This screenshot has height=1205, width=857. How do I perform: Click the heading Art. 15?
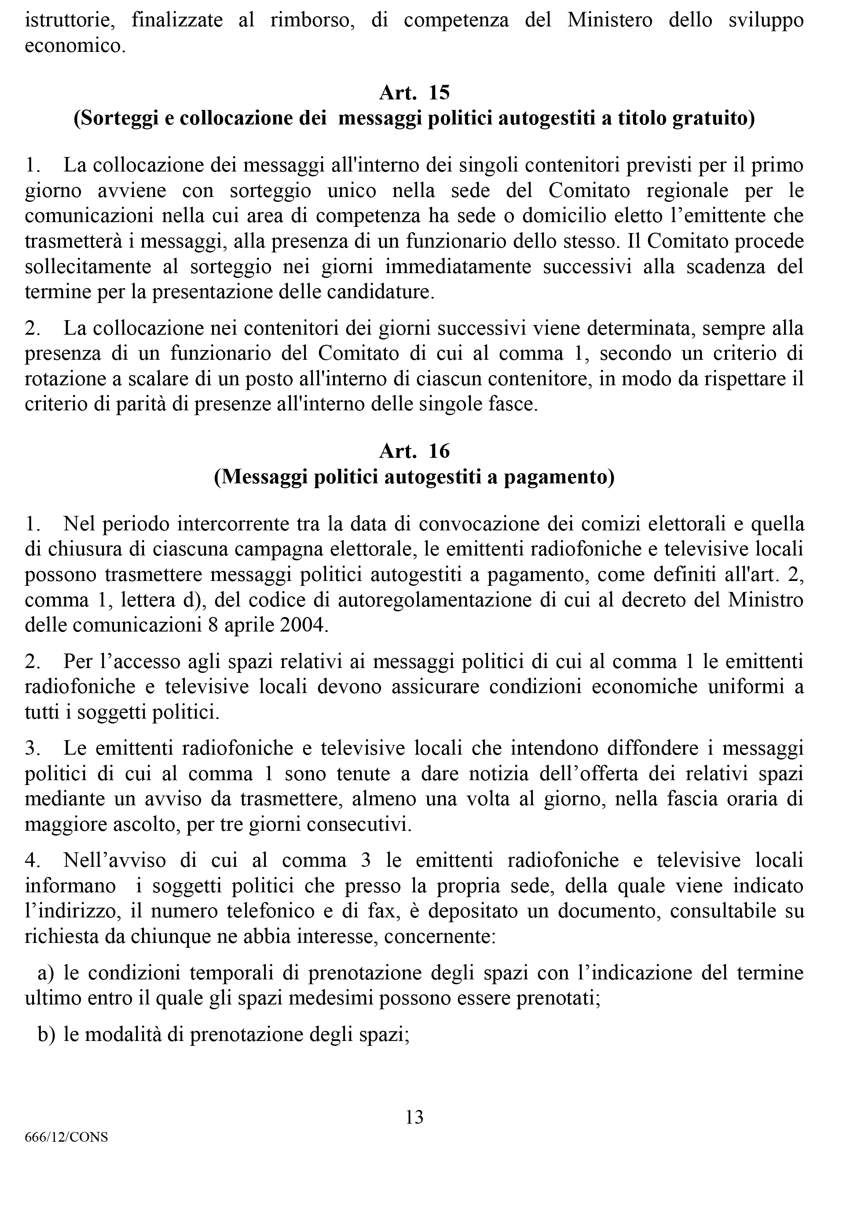coord(414,93)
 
